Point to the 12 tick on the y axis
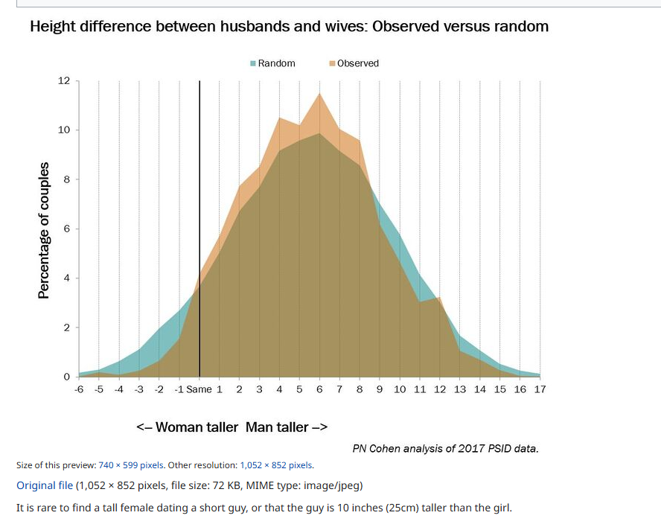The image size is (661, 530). click(x=64, y=80)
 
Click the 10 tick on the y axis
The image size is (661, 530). click(x=64, y=130)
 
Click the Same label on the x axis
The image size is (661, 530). click(x=199, y=389)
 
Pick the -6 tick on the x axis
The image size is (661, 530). click(x=79, y=389)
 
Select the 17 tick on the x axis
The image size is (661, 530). click(x=540, y=389)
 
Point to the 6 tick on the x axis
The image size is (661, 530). click(x=319, y=389)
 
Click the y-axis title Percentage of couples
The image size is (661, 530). click(x=44, y=229)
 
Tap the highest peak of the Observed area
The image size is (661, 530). click(x=319, y=94)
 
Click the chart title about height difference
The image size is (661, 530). click(x=289, y=27)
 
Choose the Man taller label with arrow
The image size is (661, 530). click(x=287, y=427)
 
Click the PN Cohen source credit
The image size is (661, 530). click(x=445, y=448)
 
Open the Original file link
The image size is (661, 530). click(x=45, y=485)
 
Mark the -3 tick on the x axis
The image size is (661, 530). click(x=138, y=389)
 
